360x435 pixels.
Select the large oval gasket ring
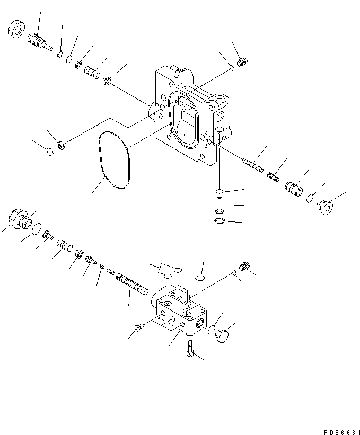114,160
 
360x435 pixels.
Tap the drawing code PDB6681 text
341,432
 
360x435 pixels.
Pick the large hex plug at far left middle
20,219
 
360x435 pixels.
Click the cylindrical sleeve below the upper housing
220,205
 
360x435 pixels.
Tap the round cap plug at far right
324,207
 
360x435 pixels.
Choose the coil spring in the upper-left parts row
92,72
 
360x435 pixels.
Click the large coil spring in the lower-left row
65,245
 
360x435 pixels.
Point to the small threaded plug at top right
242,62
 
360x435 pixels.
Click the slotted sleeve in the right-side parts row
294,190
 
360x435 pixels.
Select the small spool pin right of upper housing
253,165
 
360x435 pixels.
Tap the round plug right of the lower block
222,336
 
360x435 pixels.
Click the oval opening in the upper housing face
184,120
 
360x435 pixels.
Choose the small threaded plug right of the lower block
244,266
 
